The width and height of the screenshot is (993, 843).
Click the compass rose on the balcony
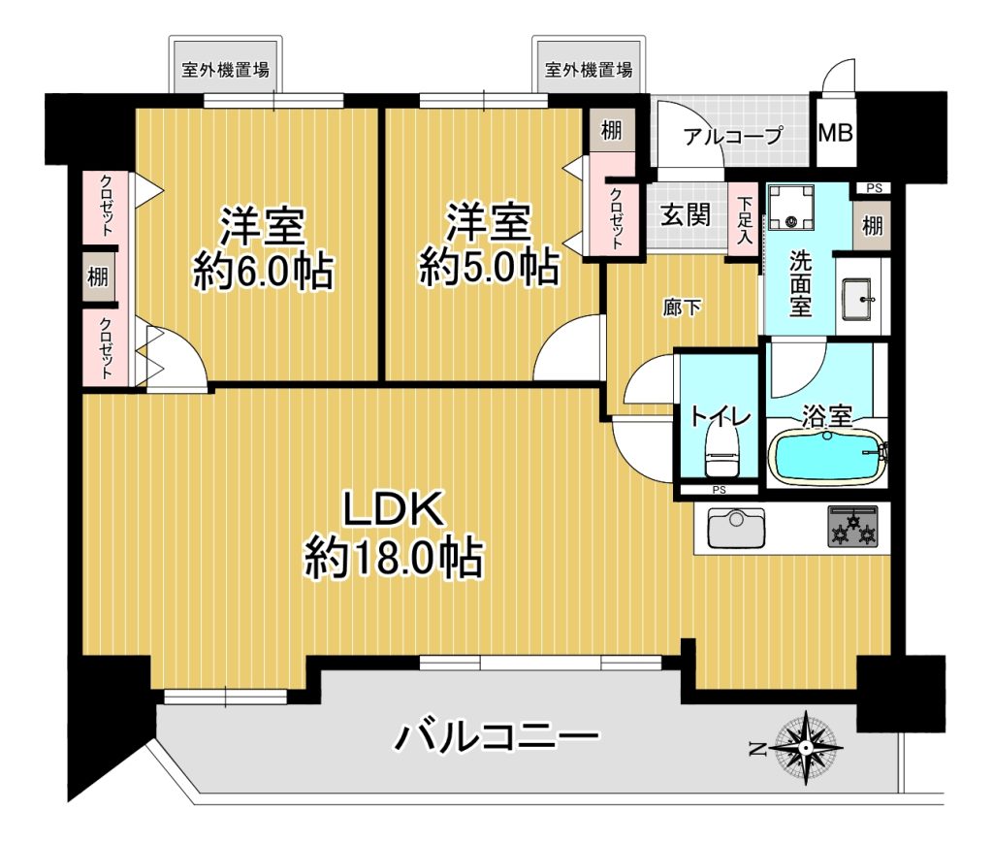[806, 749]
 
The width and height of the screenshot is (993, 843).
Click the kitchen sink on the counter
[736, 529]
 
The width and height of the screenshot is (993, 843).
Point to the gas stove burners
[853, 527]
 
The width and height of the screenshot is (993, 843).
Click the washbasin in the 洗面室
[859, 297]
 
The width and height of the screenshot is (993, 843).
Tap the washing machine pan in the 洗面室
[790, 209]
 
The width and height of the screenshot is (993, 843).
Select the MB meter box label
[835, 133]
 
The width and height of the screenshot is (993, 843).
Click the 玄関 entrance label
[686, 215]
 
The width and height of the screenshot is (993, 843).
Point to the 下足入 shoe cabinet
[744, 220]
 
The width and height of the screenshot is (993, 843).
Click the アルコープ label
[733, 135]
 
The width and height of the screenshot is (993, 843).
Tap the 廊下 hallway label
[682, 308]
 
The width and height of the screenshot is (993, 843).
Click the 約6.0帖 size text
[263, 271]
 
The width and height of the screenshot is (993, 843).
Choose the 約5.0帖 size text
[489, 267]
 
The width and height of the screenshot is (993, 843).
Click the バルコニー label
[497, 736]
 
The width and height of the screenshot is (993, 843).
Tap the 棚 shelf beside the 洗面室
[872, 225]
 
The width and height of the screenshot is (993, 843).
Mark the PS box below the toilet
[719, 490]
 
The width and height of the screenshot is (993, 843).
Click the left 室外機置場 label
[225, 69]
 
